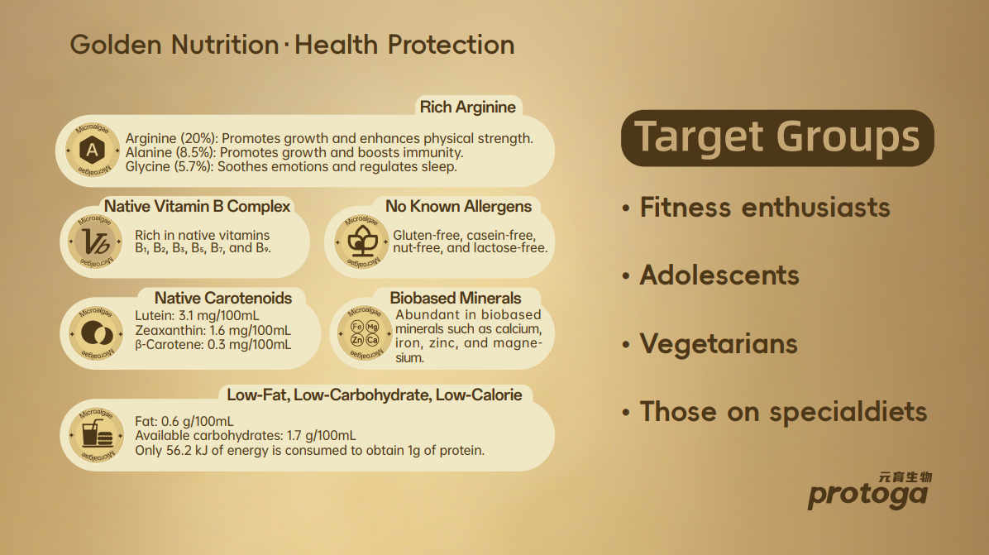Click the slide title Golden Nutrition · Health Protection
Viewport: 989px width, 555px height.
(292, 45)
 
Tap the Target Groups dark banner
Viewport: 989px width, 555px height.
(777, 138)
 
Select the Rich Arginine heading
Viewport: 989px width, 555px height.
(467, 108)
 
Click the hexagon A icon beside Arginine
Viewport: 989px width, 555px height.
(93, 150)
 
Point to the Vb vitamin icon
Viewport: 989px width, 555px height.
(95, 242)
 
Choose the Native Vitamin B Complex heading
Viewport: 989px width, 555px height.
(197, 206)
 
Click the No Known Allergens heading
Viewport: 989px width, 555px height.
(459, 206)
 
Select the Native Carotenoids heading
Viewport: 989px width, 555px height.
(223, 298)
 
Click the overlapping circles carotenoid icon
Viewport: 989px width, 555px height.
(97, 333)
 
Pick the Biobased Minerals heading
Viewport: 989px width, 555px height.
(456, 298)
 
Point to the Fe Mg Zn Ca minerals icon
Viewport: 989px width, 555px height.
(365, 333)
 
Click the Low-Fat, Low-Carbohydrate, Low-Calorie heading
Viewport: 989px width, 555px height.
(375, 395)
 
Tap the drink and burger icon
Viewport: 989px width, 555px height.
(97, 435)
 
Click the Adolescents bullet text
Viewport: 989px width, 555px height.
(719, 275)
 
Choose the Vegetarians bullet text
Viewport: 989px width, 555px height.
(719, 344)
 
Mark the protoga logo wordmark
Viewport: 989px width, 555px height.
(868, 493)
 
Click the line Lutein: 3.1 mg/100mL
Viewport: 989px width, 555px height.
(197, 316)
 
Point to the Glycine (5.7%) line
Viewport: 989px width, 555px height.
(291, 166)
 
